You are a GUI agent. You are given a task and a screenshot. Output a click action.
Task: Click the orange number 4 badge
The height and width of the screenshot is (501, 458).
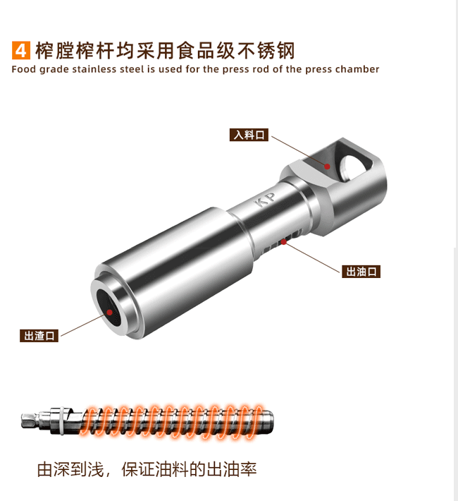coord(21,50)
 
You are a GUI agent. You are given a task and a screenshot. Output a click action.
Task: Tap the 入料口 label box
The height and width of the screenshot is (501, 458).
coord(249,135)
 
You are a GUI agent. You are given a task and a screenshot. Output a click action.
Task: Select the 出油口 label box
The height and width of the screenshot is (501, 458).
coord(361,272)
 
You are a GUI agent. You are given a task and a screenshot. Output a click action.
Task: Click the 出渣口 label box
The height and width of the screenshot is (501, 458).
coord(39,336)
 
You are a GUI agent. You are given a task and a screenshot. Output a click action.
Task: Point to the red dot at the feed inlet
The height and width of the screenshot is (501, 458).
coord(327,166)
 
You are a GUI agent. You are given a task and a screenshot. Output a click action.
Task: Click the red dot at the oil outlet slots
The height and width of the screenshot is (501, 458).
coord(283,242)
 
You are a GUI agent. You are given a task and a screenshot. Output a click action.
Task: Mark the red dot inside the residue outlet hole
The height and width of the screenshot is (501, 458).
coord(109,312)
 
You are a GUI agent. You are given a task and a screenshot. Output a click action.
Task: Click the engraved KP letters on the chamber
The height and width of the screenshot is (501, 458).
coord(265,200)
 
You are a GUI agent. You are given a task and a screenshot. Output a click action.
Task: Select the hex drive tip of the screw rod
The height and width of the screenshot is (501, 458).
coord(30,420)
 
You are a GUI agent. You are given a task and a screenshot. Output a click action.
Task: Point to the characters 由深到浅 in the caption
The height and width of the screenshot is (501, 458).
coord(70,469)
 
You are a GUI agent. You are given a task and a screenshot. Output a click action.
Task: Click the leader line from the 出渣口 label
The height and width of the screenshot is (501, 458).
coord(84,325)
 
